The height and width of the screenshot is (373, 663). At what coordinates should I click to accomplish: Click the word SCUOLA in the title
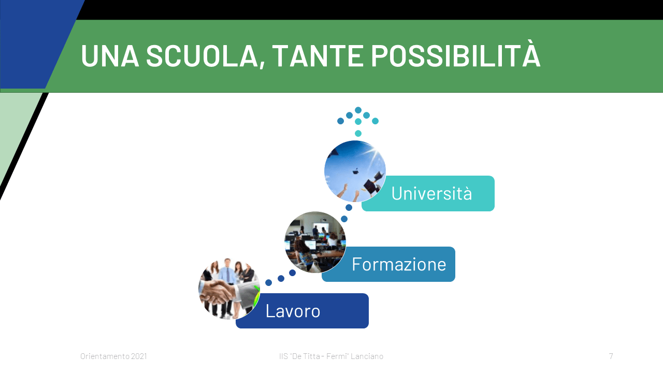click(202, 56)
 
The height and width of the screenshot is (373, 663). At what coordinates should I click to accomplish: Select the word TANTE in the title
click(318, 56)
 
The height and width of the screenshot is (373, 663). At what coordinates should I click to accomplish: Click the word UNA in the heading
click(110, 56)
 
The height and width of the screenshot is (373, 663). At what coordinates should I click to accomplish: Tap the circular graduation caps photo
click(355, 171)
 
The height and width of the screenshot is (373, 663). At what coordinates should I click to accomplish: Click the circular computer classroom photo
click(315, 242)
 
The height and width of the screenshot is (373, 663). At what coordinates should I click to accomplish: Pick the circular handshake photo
click(229, 289)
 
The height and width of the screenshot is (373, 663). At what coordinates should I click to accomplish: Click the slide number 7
click(611, 356)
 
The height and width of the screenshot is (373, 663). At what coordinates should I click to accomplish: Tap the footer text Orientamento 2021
click(113, 356)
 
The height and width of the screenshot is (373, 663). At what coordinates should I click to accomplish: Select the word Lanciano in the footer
click(367, 356)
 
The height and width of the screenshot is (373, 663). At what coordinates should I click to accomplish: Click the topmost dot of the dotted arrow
click(358, 110)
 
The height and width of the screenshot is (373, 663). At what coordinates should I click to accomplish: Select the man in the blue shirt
click(227, 284)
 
